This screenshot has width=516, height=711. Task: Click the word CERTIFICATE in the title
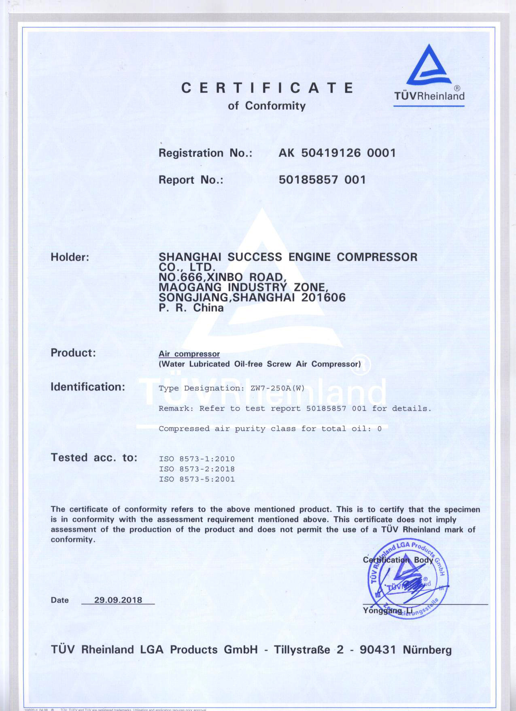(267, 88)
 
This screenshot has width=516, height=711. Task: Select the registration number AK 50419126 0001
(337, 153)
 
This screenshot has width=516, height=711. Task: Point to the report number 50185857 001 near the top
(322, 180)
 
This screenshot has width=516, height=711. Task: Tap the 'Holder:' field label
(70, 257)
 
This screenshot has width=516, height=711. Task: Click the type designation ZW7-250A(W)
(277, 388)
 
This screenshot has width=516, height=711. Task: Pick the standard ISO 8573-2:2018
(197, 469)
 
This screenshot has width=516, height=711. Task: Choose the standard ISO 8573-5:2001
(197, 479)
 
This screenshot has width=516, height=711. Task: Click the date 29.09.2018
(118, 600)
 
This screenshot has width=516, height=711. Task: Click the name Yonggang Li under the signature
(387, 611)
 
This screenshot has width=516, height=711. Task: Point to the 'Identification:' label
(88, 387)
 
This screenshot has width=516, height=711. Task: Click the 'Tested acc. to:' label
(94, 458)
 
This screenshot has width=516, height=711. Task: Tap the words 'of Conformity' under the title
(267, 106)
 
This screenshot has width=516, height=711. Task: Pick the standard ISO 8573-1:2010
(197, 459)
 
